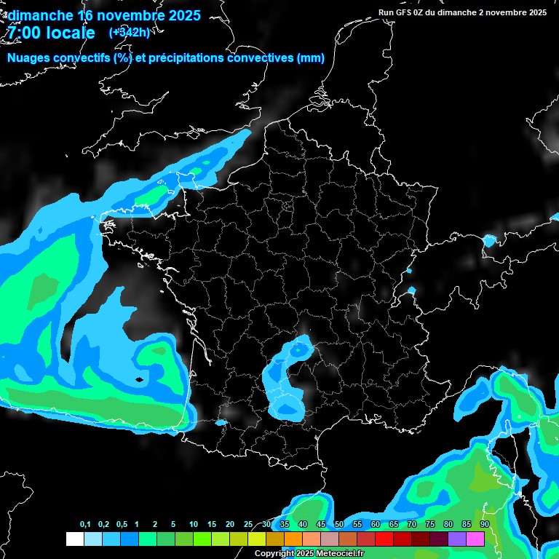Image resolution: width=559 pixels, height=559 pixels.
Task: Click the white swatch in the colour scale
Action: point(74,539)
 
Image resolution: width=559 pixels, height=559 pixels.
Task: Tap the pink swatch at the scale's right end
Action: point(475,539)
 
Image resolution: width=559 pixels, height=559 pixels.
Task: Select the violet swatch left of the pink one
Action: point(457,539)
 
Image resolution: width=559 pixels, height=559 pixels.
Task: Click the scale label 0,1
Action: point(85,525)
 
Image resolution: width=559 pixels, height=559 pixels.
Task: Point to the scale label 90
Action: point(484,525)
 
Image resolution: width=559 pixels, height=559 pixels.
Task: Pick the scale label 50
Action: point(339,525)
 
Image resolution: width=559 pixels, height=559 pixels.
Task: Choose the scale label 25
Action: point(248,525)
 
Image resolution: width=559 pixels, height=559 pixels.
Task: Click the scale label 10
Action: point(194,525)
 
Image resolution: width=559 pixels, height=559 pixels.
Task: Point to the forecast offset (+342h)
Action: point(130,32)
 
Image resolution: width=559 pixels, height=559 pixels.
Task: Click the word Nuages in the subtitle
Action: point(28,58)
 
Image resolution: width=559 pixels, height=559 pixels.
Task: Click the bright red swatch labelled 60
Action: point(384,539)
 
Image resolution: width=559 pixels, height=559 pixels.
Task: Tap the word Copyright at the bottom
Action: point(274,554)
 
